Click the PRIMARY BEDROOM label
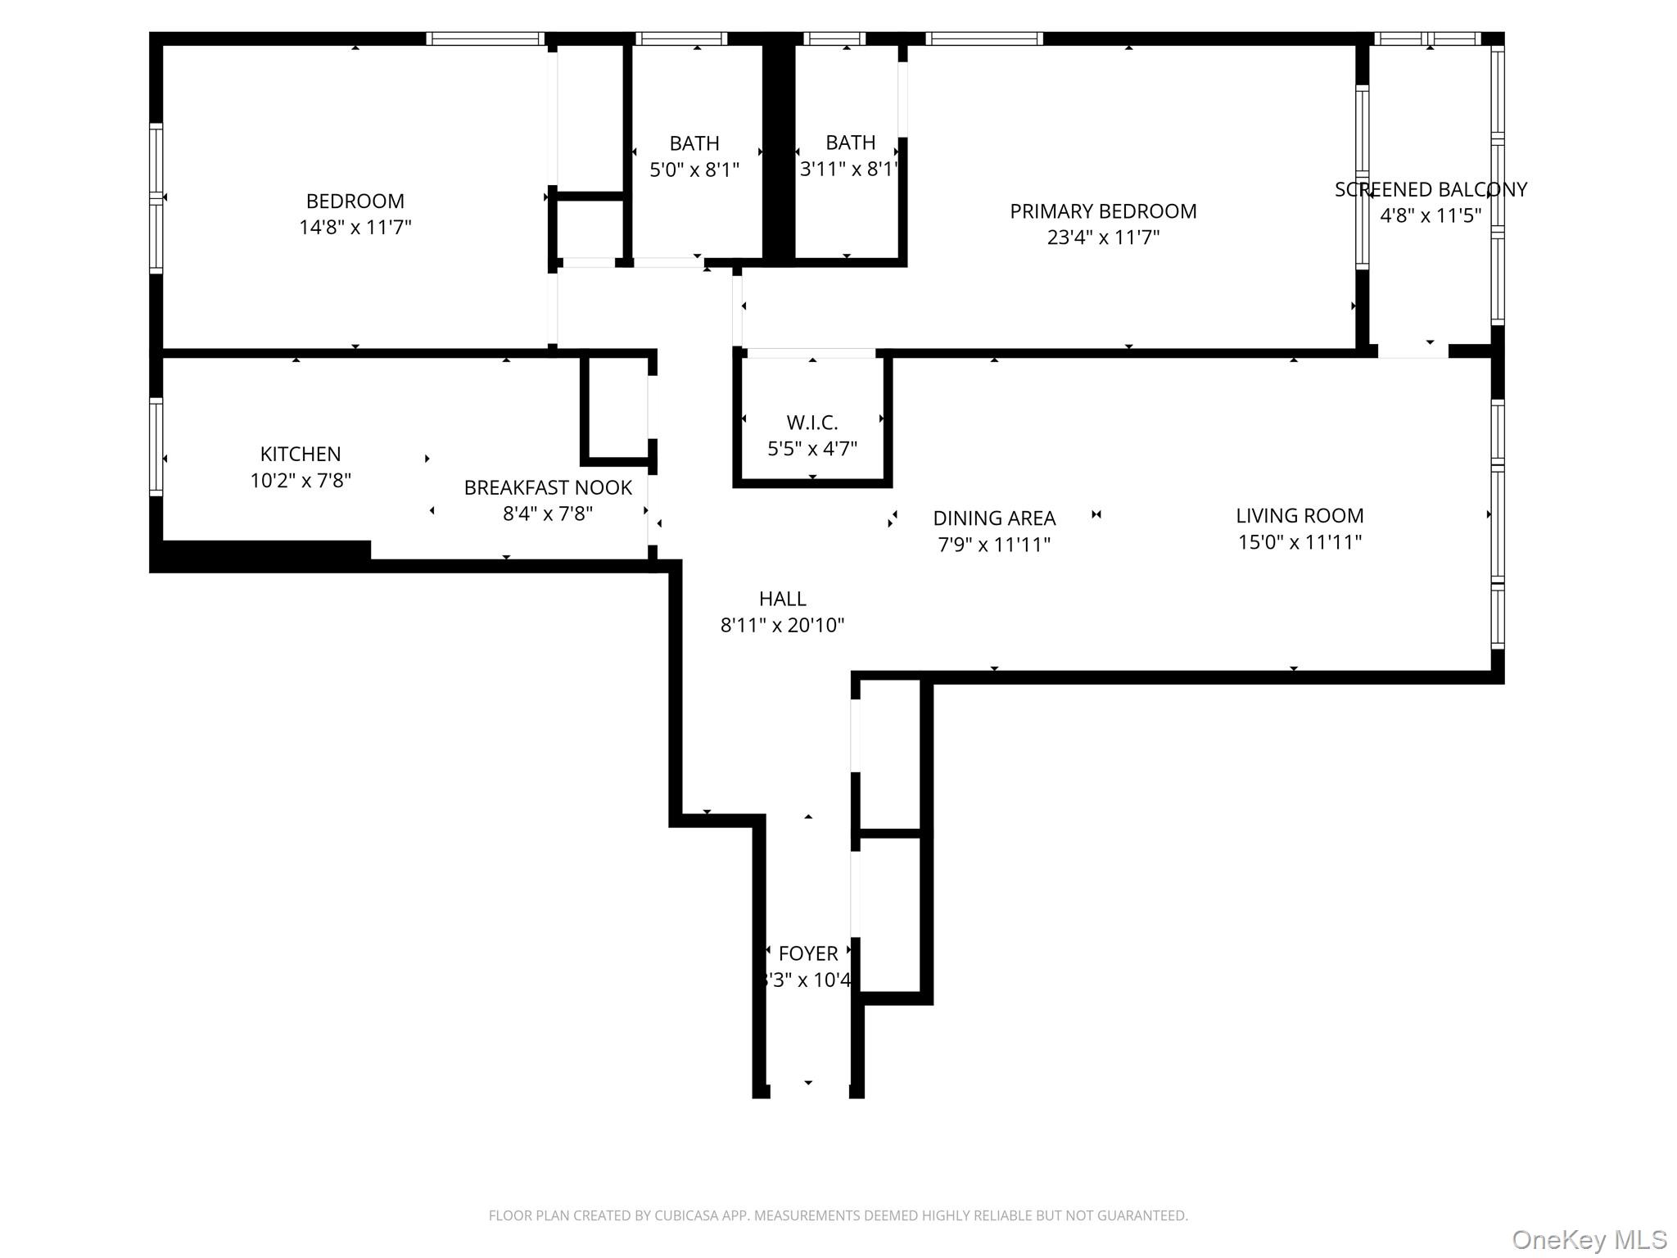click(x=1102, y=211)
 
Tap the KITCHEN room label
click(x=301, y=454)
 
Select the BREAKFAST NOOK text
click(x=548, y=487)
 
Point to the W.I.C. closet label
click(x=811, y=423)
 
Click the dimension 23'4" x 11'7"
click(x=1102, y=238)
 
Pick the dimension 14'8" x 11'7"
click(x=355, y=227)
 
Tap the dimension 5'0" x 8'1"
click(x=694, y=170)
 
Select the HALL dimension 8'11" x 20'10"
click(x=782, y=625)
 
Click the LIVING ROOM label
click(x=1300, y=515)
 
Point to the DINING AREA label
click(x=994, y=518)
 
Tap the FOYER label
click(x=808, y=953)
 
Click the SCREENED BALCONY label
click(x=1431, y=189)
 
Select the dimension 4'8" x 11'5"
click(x=1431, y=215)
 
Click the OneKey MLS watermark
click(x=1589, y=1240)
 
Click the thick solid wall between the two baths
click(x=778, y=152)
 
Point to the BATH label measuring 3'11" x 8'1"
click(x=850, y=143)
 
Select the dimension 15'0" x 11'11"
click(x=1300, y=541)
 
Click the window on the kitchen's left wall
click(x=156, y=446)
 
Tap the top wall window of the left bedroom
click(x=485, y=38)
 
